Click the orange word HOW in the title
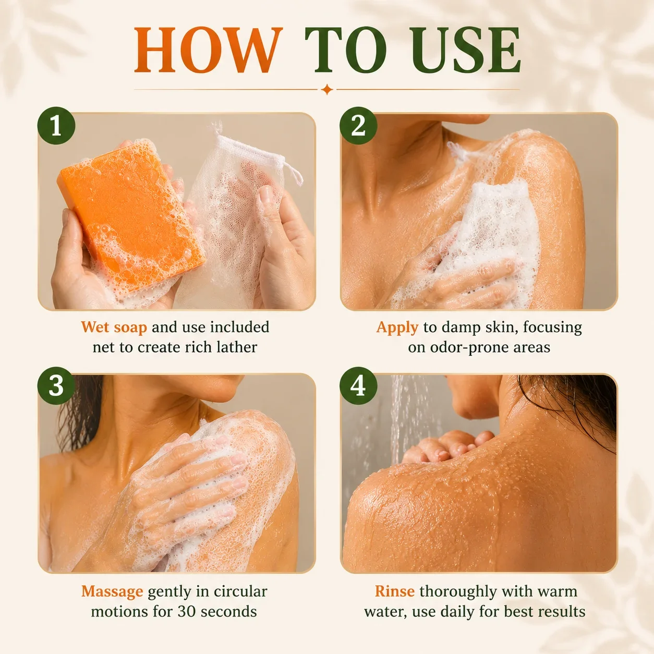208,50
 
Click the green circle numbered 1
56,126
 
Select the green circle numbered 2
358,126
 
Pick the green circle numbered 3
56,386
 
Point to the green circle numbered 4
358,386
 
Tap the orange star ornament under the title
327,90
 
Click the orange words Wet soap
114,328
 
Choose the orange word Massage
112,592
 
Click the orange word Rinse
395,591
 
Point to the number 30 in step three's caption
186,612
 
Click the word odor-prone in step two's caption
467,348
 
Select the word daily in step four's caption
458,612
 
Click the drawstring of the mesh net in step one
293,172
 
